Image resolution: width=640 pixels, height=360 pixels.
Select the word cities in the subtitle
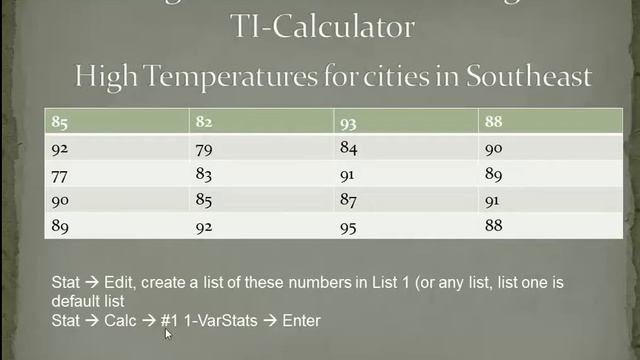tap(385, 75)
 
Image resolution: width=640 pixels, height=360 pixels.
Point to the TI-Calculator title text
tap(320, 25)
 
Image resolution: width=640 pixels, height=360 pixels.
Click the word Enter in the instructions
tap(301, 320)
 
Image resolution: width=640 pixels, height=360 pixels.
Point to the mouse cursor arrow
tap(168, 333)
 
